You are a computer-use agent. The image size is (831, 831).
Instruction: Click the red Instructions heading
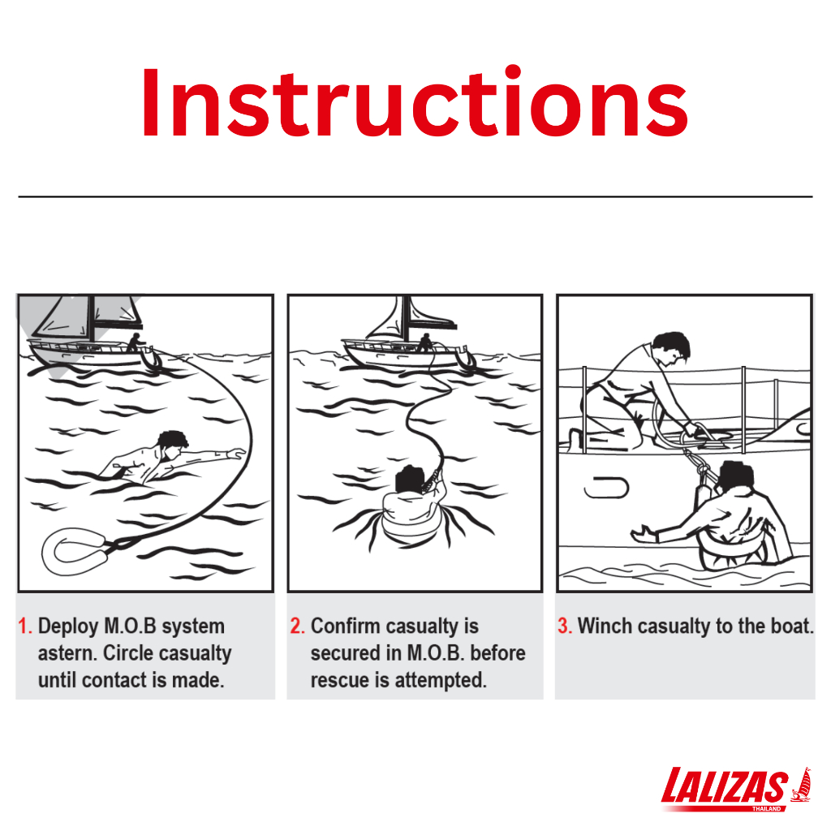pos(415,102)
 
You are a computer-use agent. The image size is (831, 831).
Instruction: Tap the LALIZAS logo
pos(736,789)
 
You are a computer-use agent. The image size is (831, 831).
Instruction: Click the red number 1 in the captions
pos(24,626)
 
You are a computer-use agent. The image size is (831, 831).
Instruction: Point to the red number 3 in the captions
pos(565,626)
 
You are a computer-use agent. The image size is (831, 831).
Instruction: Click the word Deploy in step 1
pos(68,627)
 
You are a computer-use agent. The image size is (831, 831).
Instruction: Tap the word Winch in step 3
pos(605,626)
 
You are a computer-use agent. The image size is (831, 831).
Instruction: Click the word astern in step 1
pos(66,654)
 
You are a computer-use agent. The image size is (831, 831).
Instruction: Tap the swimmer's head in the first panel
pos(173,444)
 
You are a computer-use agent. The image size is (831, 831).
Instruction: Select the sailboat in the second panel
pos(408,337)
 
